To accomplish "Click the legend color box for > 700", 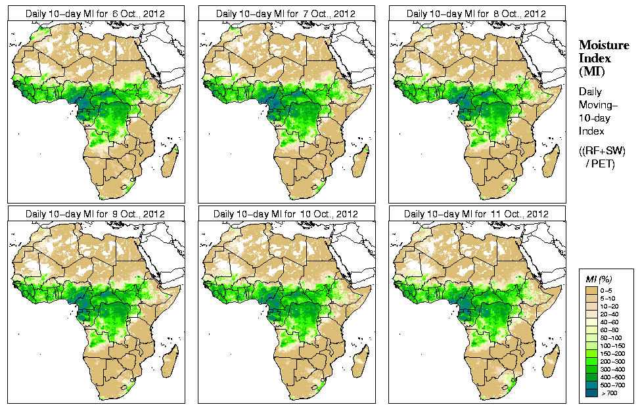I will pyautogui.click(x=591, y=393).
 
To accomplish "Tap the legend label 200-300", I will pyautogui.click(x=610, y=361).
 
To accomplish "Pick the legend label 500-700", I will pyautogui.click(x=610, y=385).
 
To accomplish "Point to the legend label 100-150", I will pyautogui.click(x=610, y=345).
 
